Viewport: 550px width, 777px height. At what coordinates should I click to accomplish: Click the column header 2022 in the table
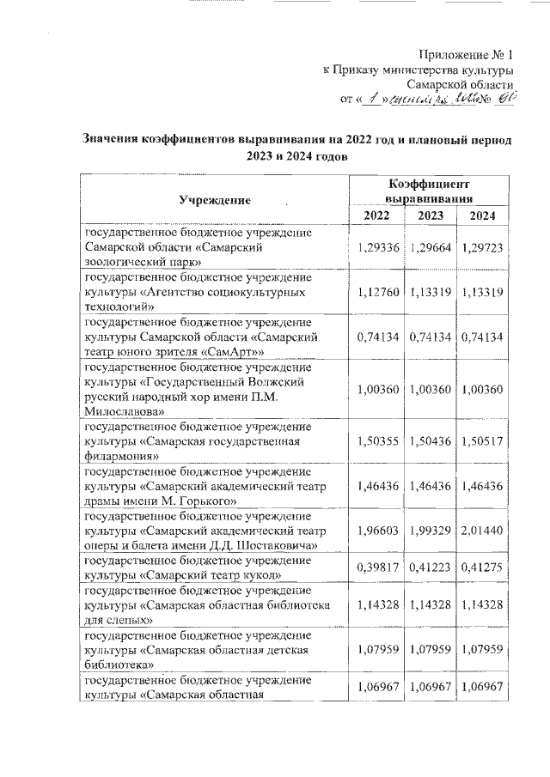tap(376, 215)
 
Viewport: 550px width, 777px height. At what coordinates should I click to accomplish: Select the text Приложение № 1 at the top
tap(468, 54)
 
